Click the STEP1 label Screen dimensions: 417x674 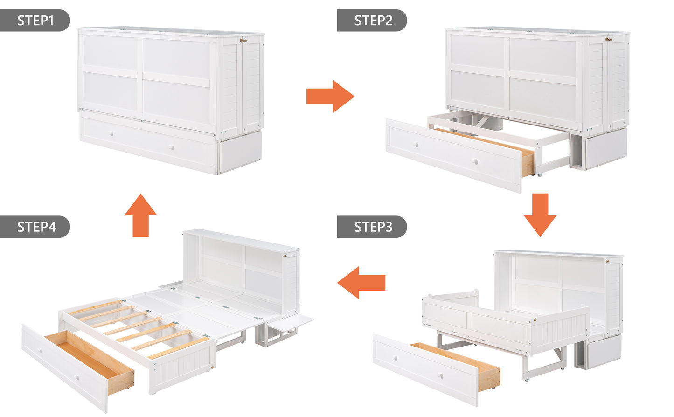point(35,21)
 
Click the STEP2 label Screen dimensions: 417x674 point(372,21)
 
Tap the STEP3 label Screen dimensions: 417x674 point(372,227)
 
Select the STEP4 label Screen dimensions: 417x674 point(35,227)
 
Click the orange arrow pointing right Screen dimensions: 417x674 point(330,97)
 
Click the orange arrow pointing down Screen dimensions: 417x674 point(540,215)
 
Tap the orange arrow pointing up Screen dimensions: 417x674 point(140,215)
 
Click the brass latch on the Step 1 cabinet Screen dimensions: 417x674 point(243,41)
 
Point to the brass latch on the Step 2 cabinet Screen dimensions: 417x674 point(609,40)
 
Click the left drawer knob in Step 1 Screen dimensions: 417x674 point(111,134)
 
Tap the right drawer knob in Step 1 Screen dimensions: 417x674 point(172,148)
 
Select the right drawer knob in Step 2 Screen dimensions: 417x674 point(475,162)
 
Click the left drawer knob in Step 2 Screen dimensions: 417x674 point(416,145)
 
